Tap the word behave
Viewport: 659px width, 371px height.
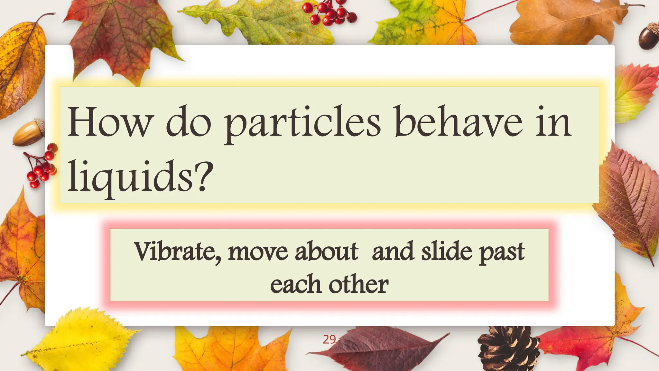[459, 122]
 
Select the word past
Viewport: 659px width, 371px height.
[502, 252]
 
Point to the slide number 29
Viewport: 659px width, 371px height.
[329, 339]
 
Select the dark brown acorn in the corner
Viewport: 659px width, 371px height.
[648, 37]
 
